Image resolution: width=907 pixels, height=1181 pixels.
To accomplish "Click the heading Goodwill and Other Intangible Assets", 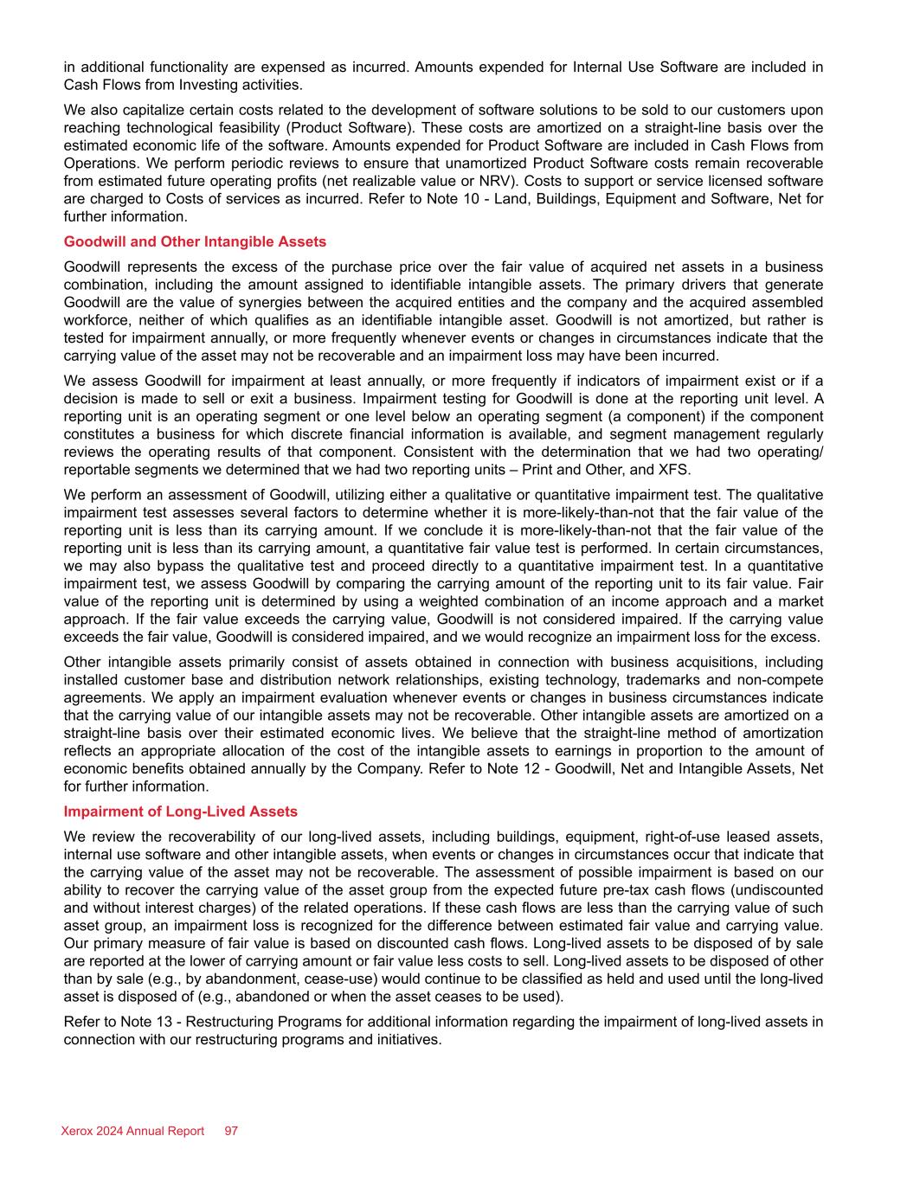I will tap(195, 241).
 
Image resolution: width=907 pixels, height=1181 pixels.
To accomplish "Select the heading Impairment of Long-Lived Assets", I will tap(181, 812).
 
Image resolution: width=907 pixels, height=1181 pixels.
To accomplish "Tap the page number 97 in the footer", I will tap(231, 1131).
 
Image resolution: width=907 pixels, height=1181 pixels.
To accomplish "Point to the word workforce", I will tap(96, 319).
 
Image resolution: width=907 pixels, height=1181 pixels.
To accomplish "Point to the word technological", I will tap(153, 128).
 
